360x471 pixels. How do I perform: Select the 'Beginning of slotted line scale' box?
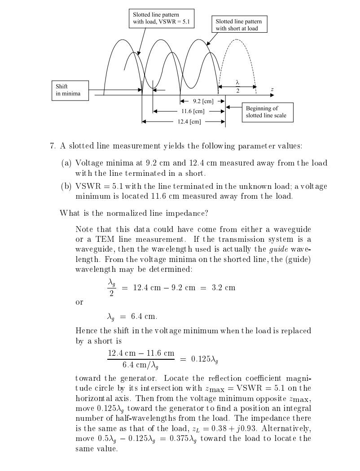264,112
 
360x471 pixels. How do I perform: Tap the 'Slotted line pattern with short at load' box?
238,25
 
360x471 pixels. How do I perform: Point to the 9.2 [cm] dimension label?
202,101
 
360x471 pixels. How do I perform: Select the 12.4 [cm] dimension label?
189,122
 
